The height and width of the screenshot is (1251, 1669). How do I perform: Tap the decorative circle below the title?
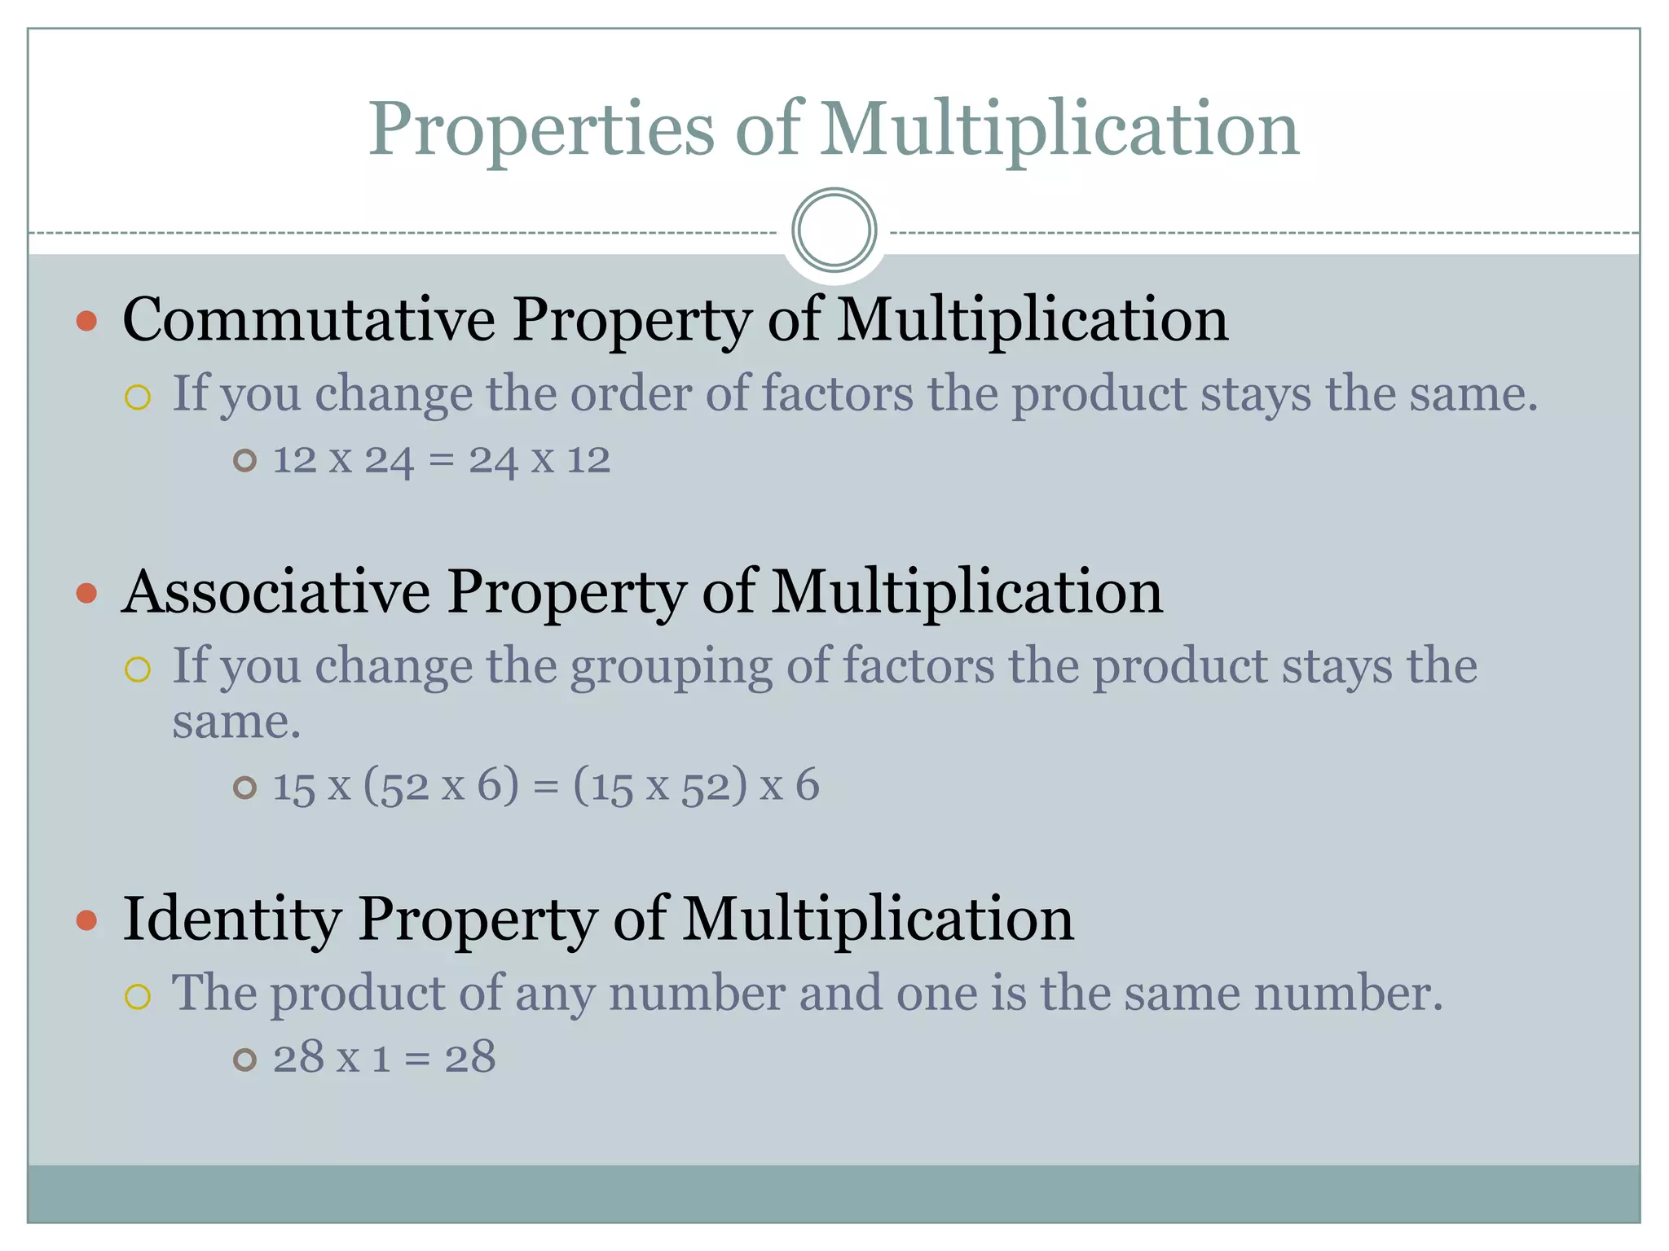pos(834,230)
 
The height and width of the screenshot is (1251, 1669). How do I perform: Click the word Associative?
pos(275,591)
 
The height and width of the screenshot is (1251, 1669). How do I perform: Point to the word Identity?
pos(231,919)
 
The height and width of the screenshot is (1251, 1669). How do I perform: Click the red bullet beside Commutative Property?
pos(86,321)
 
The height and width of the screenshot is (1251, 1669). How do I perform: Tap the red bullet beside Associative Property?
pos(86,593)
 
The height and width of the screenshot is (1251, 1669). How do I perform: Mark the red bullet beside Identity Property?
pos(86,920)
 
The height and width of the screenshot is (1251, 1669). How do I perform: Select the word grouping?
pos(670,667)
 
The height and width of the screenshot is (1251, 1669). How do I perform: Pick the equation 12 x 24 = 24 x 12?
pos(441,460)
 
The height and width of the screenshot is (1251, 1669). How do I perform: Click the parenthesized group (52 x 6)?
pos(440,786)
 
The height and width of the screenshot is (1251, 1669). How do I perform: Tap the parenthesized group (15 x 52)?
pos(660,786)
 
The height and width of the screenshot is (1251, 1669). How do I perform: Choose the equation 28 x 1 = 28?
pos(384,1058)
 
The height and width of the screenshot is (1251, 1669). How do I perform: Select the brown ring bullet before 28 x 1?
pos(244,1060)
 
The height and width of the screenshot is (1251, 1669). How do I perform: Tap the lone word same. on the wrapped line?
pos(236,722)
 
